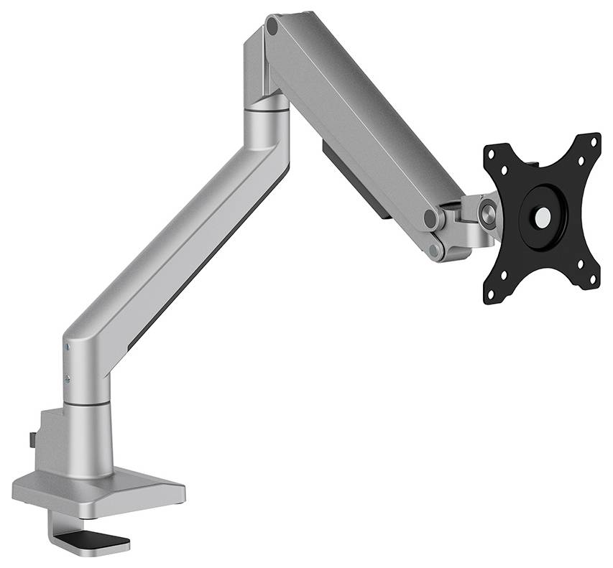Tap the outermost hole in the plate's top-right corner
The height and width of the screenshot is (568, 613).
click(x=594, y=141)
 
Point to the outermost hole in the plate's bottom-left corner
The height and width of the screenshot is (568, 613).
click(x=492, y=293)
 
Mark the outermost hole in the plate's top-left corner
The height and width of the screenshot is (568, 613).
click(x=492, y=153)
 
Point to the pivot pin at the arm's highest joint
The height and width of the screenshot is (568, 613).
click(x=272, y=27)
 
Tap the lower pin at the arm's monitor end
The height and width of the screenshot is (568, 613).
click(x=435, y=249)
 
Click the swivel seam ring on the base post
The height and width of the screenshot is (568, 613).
click(x=86, y=405)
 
